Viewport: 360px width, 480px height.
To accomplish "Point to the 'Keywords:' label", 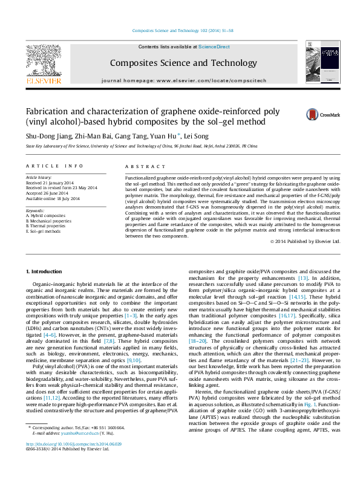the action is tap(35, 210).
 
